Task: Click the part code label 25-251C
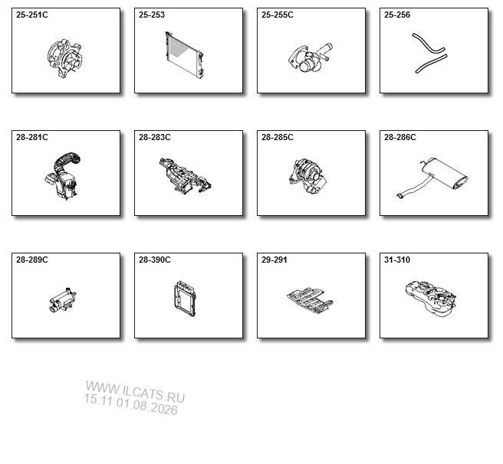point(32,15)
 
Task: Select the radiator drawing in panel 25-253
point(184,55)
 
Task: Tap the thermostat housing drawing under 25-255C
point(311,57)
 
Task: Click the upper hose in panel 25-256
point(428,44)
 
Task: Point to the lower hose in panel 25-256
point(431,64)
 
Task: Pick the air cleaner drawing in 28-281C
point(64,177)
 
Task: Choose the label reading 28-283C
point(155,138)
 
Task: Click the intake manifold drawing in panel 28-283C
point(185,175)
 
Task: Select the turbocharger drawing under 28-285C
point(307,175)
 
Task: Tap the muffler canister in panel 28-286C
point(444,172)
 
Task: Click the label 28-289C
point(32,260)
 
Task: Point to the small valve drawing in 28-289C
point(63,300)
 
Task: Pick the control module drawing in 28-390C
point(186,299)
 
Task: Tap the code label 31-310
point(397,260)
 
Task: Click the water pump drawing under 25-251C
point(64,59)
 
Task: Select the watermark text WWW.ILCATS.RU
point(136,392)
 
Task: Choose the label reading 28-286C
point(400,138)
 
